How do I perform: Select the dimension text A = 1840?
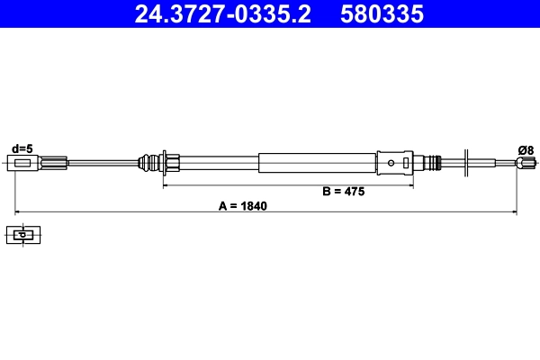coord(243,205)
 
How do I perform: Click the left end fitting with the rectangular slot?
coord(25,163)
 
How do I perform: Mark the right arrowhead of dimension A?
coord(514,212)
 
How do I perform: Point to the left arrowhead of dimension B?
coord(166,185)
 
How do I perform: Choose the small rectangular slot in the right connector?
coord(408,163)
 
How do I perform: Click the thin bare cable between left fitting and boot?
coord(99,163)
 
